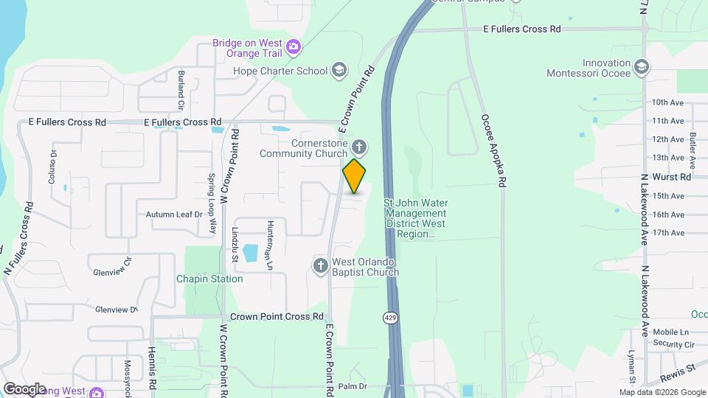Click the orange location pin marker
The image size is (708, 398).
[x=354, y=176]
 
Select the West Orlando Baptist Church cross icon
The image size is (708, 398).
[x=320, y=265]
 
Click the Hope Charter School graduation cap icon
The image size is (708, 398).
[x=339, y=70]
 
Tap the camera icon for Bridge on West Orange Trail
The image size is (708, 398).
[x=294, y=47]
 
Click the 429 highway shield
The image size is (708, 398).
[x=389, y=317]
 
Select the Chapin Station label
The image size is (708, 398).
[x=209, y=279]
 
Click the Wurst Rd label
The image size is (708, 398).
[x=671, y=177]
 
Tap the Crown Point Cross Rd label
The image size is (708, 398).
[x=277, y=316]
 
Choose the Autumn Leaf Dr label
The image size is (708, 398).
[x=173, y=214]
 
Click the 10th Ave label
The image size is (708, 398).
[x=668, y=102]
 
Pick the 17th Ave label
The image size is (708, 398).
[x=668, y=233]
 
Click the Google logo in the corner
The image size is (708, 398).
[x=24, y=388]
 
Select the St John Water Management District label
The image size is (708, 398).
[x=416, y=217]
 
